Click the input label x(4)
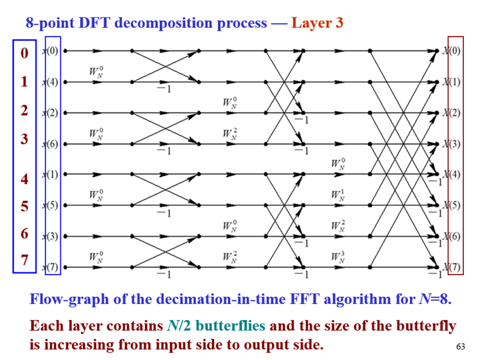click(51, 82)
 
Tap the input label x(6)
click(51, 144)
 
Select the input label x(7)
click(51, 268)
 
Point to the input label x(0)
click(51, 51)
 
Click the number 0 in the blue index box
click(24, 54)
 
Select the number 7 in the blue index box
click(24, 261)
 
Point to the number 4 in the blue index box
click(24, 179)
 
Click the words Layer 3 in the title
click(317, 24)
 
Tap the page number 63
click(460, 347)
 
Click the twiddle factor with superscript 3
click(338, 256)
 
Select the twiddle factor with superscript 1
click(338, 194)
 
